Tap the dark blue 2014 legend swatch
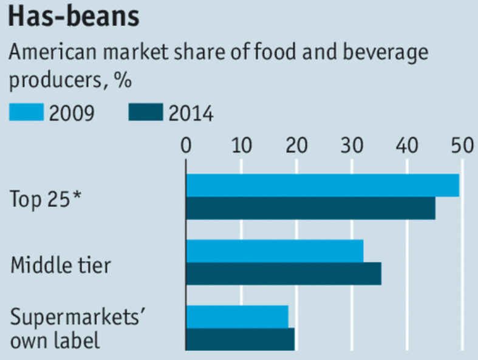(x=146, y=112)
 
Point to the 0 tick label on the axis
(x=186, y=146)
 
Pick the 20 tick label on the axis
(x=296, y=146)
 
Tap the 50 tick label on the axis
(x=460, y=146)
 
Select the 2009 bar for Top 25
(x=322, y=186)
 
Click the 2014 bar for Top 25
(x=310, y=208)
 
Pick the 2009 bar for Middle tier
(x=275, y=251)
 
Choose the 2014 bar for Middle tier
(x=283, y=274)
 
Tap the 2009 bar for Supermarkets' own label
(x=237, y=317)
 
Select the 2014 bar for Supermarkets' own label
(x=240, y=339)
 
